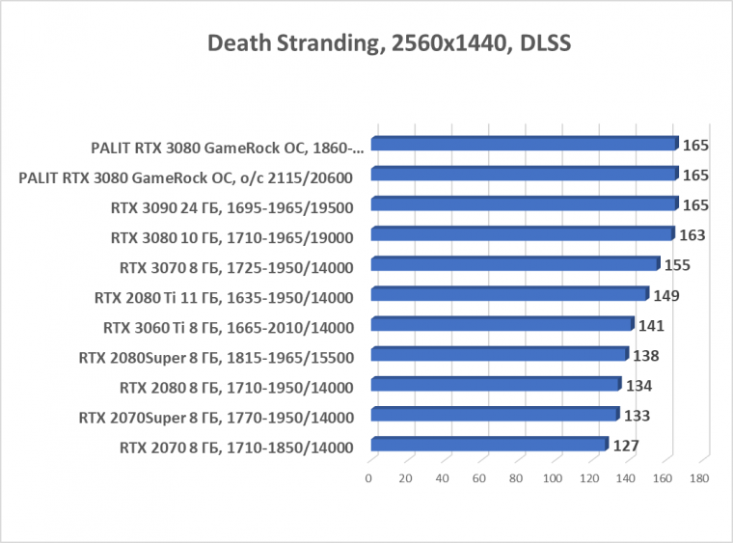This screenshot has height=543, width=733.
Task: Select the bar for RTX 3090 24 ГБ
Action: [x=523, y=204]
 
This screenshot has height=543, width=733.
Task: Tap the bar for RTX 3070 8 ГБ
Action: [x=514, y=264]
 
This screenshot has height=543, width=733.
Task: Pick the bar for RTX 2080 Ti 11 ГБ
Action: [x=508, y=294]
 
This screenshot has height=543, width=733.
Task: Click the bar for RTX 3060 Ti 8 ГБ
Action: [x=502, y=325]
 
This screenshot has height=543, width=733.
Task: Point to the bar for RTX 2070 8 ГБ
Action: [x=488, y=445]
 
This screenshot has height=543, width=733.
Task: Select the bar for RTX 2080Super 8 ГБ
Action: [x=499, y=355]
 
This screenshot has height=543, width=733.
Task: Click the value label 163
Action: [x=692, y=235]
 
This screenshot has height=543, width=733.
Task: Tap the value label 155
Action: [x=677, y=265]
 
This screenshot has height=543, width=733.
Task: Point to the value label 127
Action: [x=626, y=446]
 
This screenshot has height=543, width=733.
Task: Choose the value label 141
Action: [x=651, y=325]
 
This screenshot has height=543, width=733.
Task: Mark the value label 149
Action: [x=665, y=295]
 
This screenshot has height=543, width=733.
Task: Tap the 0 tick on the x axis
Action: [x=368, y=478]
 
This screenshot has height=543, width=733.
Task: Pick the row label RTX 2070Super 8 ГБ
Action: [x=216, y=418]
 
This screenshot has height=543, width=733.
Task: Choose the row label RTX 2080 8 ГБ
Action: [x=236, y=388]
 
